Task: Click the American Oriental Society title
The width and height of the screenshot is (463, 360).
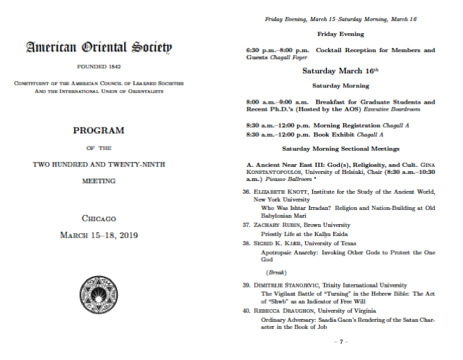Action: (x=99, y=48)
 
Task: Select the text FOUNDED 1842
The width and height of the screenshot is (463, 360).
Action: (x=99, y=67)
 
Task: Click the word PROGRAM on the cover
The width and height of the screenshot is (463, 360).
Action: (x=99, y=130)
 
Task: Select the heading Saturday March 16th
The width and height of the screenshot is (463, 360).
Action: (x=340, y=70)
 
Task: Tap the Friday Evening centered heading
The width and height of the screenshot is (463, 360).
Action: (x=340, y=34)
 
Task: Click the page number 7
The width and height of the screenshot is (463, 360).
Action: (x=340, y=342)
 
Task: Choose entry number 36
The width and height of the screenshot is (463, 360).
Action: (x=247, y=192)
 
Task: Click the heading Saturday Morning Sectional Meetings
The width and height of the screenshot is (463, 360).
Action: (x=340, y=149)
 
